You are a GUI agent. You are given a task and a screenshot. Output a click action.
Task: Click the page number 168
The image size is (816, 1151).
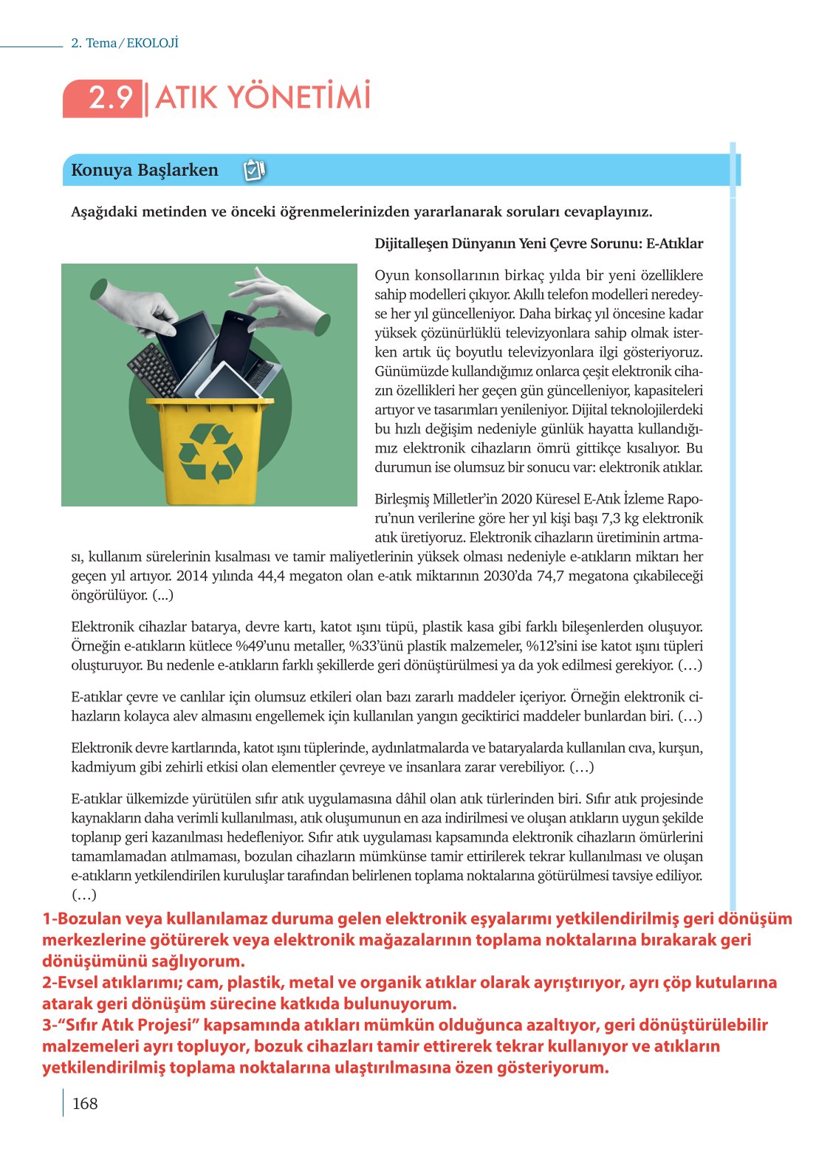pos(85,1103)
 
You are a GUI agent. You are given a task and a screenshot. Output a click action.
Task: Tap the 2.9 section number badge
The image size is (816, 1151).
pos(109,98)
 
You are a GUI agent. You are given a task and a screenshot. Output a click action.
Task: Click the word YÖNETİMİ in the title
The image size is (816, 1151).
pos(298,98)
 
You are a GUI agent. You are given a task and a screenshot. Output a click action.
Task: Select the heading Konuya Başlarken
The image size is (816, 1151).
pos(145,171)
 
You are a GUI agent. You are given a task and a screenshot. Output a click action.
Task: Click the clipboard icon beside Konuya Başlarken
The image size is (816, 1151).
pos(253,171)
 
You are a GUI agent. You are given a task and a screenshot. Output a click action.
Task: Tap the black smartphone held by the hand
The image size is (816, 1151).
pos(233,341)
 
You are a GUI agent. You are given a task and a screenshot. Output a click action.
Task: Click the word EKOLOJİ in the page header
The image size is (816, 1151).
pos(153,44)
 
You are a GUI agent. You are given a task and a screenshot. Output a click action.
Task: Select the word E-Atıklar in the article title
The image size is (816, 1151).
pos(673,244)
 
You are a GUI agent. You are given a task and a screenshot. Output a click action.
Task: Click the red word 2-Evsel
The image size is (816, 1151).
pos(71,983)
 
